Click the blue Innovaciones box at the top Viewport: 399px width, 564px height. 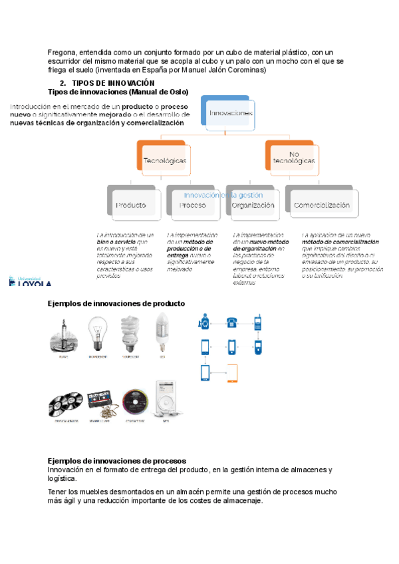tap(229, 113)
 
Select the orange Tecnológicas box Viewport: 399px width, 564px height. tap(165, 160)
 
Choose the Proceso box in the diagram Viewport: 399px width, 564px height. tap(192, 205)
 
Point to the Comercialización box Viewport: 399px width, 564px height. tap(321, 205)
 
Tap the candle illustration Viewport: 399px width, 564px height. tap(63, 335)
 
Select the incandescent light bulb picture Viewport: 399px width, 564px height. tap(98, 334)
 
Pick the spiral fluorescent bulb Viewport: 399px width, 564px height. tap(130, 333)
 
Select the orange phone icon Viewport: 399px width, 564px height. tap(231, 372)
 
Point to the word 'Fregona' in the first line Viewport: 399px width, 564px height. tap(62, 52)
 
